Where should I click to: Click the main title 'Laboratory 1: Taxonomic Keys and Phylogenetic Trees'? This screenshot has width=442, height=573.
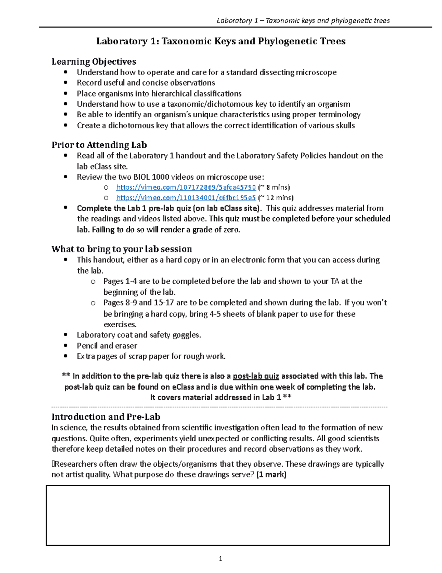221,41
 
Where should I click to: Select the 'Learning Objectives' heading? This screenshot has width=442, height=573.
94,62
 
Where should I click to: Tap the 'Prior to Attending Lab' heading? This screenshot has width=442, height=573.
99,145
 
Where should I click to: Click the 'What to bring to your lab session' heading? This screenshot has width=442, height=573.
122,249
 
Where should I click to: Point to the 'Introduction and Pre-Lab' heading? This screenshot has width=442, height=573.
106,417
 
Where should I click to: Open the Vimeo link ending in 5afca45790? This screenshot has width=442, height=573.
186,187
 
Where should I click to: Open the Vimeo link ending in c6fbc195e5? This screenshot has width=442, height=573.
186,198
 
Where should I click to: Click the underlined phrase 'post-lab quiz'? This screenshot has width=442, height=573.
256,376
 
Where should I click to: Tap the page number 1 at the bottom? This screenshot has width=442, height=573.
220,559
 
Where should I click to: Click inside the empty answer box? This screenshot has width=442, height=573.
217,515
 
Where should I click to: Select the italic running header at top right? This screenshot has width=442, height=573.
303,21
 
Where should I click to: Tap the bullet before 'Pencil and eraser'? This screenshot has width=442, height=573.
66,346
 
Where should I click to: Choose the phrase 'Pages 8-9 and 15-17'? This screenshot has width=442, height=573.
139,303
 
